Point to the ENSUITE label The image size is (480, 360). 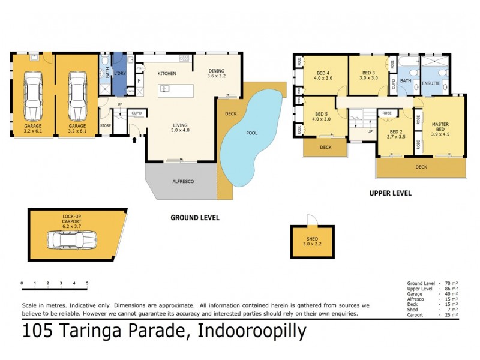pyautogui.click(x=430, y=83)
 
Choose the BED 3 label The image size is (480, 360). pyautogui.click(x=368, y=75)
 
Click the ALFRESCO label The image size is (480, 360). pyautogui.click(x=182, y=181)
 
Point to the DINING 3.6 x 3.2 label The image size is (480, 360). pyautogui.click(x=216, y=73)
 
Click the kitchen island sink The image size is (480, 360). pyautogui.click(x=165, y=90)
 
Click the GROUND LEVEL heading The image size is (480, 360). pyautogui.click(x=195, y=217)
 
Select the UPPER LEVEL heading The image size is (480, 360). pyautogui.click(x=391, y=193)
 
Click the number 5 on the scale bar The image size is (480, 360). pyautogui.click(x=88, y=283)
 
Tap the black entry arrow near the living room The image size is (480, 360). pyautogui.click(x=133, y=139)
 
